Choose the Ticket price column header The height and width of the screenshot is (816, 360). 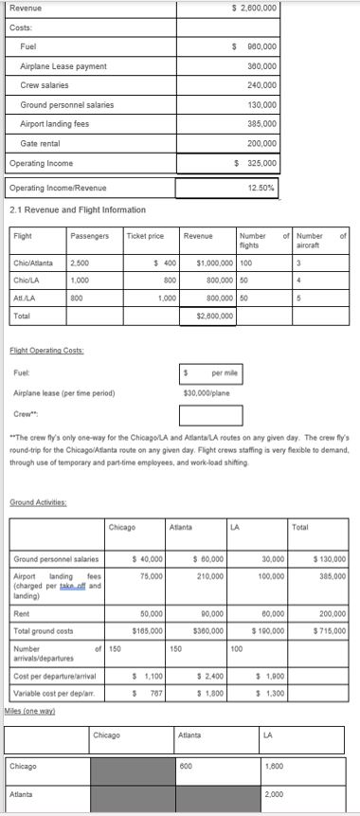point(144,235)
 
